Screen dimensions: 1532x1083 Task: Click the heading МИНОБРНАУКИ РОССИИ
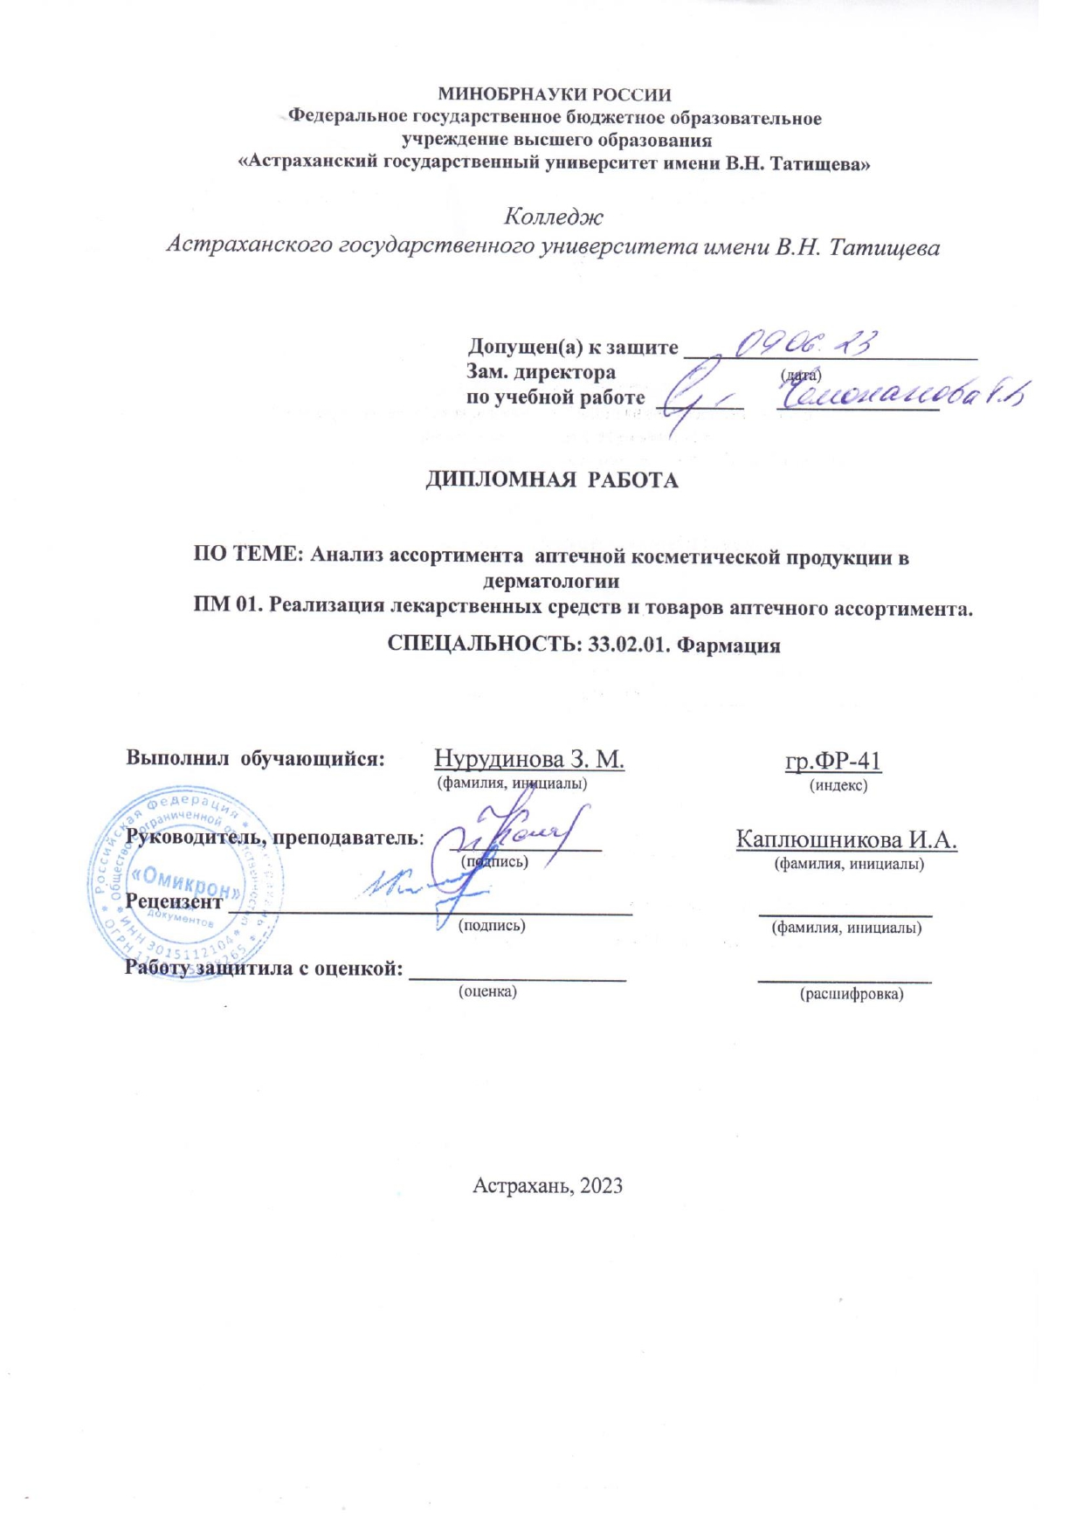[554, 94]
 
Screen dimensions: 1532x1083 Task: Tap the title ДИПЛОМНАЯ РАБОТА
[551, 480]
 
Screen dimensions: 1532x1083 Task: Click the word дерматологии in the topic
[551, 581]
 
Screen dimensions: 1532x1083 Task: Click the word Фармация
[729, 645]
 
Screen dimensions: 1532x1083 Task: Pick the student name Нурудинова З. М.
[529, 758]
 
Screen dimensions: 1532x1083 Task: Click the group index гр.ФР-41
[832, 761]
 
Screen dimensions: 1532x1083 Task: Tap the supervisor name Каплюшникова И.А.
[846, 839]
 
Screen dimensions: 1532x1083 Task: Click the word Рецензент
[174, 901]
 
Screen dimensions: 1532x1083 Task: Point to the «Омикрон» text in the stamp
[184, 880]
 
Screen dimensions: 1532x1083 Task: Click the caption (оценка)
[487, 991]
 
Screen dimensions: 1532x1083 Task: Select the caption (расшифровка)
[852, 994]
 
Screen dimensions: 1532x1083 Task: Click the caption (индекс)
[838, 785]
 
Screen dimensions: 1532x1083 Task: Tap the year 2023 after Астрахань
[601, 1185]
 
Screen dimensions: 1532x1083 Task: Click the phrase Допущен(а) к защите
[573, 347]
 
